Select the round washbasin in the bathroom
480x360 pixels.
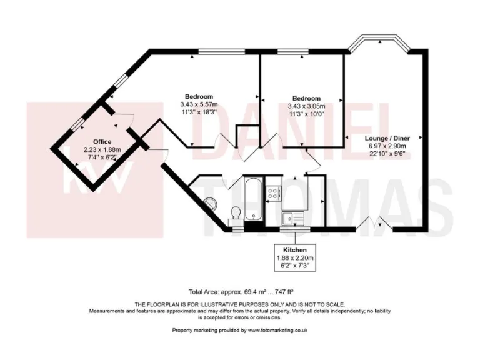tap(211, 202)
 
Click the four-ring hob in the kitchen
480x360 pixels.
tap(273, 192)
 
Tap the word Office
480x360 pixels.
tap(97, 142)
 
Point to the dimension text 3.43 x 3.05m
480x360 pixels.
tap(306, 106)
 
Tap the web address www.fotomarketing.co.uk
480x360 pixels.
tap(277, 329)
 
